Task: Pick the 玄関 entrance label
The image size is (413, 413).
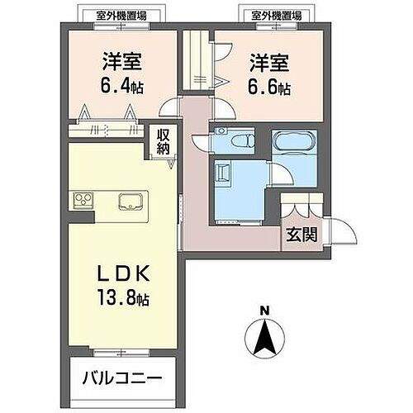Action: point(302,234)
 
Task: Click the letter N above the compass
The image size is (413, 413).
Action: point(264,311)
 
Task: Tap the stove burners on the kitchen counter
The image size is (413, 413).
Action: point(86,202)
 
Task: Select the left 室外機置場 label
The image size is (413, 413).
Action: point(116,15)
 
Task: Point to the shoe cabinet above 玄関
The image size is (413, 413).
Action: point(295,206)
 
